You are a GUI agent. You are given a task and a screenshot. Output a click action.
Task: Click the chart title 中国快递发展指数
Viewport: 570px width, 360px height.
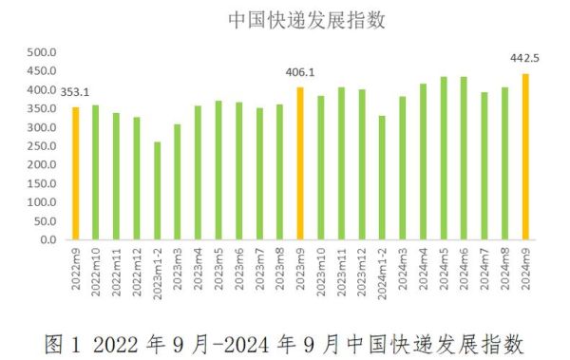point(284,19)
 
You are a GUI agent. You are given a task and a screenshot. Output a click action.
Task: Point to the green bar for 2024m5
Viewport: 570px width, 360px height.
point(444,158)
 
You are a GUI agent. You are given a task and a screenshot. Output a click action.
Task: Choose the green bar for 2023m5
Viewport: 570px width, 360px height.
point(218,170)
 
